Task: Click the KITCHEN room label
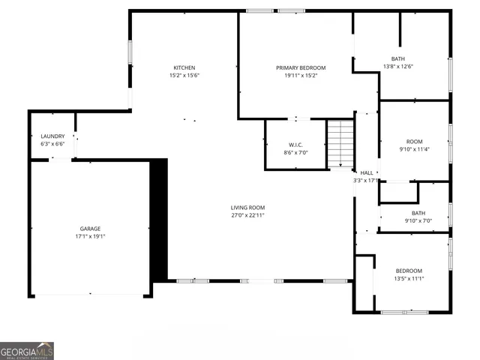pyautogui.click(x=184, y=67)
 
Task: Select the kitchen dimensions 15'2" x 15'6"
pyautogui.click(x=184, y=75)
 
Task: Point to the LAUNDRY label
pyautogui.click(x=52, y=136)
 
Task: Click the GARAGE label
pyautogui.click(x=91, y=228)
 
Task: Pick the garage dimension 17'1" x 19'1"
pyautogui.click(x=91, y=235)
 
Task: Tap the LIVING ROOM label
pyautogui.click(x=247, y=208)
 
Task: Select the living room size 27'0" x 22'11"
pyautogui.click(x=247, y=215)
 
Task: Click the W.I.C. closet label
pyautogui.click(x=295, y=144)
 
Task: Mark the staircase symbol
pyautogui.click(x=340, y=143)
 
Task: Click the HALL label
pyautogui.click(x=367, y=172)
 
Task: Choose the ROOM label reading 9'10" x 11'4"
pyautogui.click(x=415, y=141)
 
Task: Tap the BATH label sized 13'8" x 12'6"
pyautogui.click(x=398, y=58)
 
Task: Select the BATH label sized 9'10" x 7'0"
pyautogui.click(x=418, y=213)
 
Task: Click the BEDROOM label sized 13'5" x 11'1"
pyautogui.click(x=409, y=271)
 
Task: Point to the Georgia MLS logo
pyautogui.click(x=27, y=351)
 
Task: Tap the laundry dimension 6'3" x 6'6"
pyautogui.click(x=52, y=143)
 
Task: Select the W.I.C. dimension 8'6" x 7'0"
pyautogui.click(x=295, y=151)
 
